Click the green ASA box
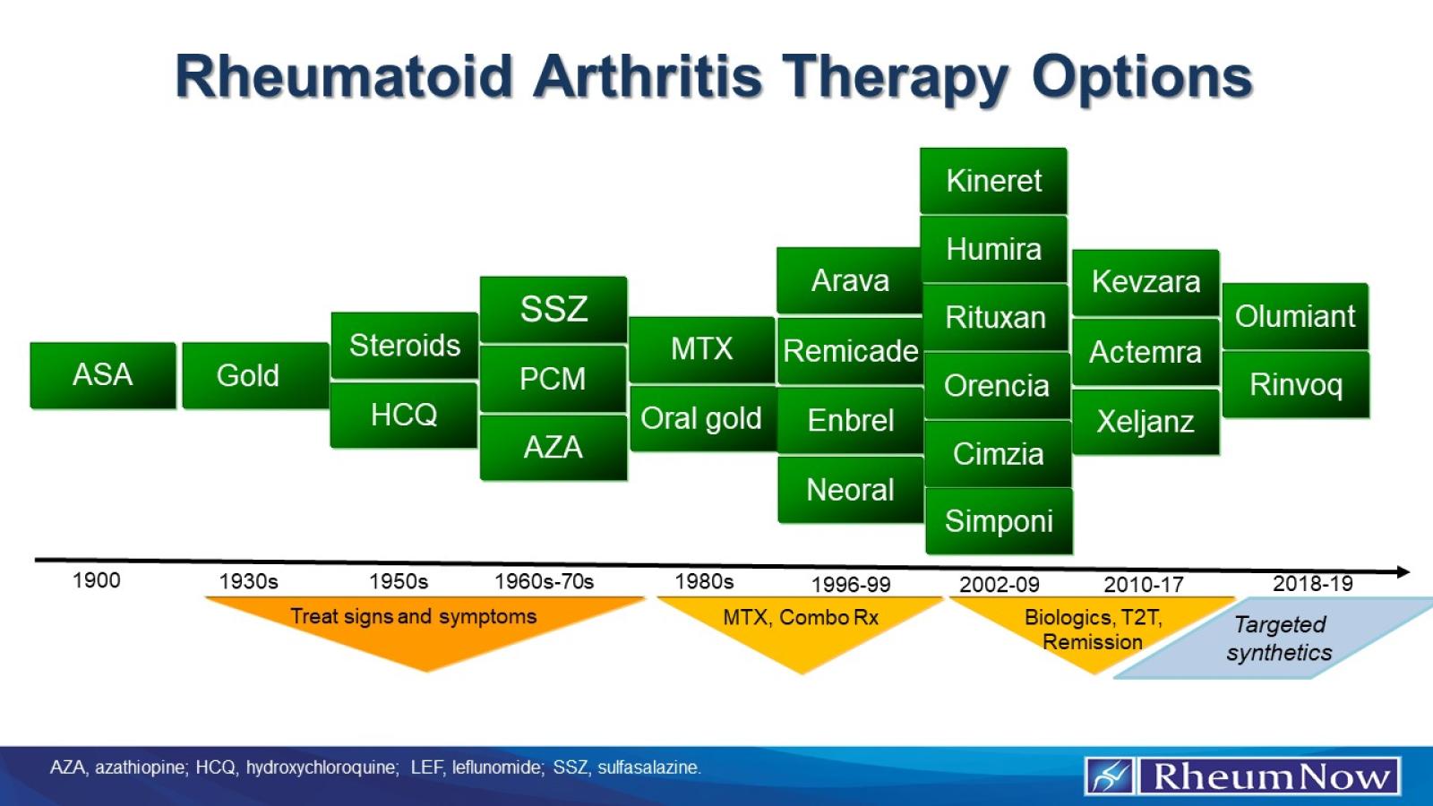click(103, 375)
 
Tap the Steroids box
click(404, 346)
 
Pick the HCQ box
click(404, 415)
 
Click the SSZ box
click(553, 309)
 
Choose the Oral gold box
click(701, 418)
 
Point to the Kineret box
click(993, 181)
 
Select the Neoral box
click(850, 490)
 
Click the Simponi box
click(999, 521)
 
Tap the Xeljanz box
click(1146, 422)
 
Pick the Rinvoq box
click(1295, 385)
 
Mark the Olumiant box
click(1295, 316)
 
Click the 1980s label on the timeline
click(704, 581)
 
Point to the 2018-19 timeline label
click(1312, 584)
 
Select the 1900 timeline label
click(96, 580)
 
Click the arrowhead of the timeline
click(1403, 571)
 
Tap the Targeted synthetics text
click(1279, 639)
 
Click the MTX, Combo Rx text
click(801, 617)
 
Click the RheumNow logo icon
click(1111, 776)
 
